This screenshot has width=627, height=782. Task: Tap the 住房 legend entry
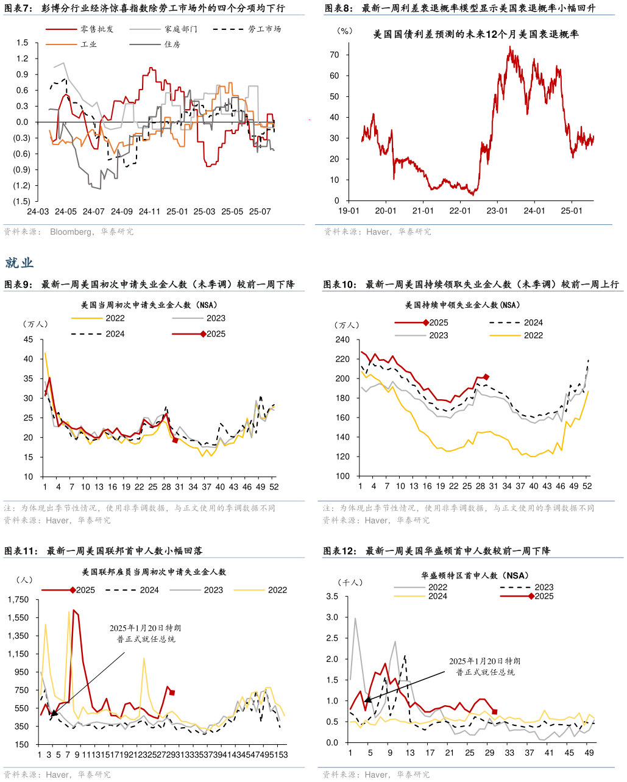click(172, 44)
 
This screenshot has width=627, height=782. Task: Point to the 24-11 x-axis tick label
click(149, 211)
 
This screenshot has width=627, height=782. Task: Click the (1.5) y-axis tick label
click(21, 201)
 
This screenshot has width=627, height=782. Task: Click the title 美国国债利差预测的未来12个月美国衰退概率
click(476, 35)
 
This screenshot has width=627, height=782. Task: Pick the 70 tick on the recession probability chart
click(335, 55)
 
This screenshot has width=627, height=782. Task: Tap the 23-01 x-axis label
click(497, 211)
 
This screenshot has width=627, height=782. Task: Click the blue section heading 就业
click(19, 263)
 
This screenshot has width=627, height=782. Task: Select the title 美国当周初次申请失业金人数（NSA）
click(149, 305)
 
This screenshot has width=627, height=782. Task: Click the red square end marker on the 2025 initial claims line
click(175, 439)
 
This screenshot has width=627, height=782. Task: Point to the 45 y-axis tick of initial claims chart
click(29, 339)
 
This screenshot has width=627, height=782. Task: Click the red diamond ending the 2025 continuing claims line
click(486, 377)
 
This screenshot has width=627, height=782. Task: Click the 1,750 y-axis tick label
click(18, 600)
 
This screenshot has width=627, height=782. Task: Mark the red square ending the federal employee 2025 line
click(172, 692)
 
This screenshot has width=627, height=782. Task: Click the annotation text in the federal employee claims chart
click(146, 633)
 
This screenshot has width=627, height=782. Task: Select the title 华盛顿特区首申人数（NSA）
click(474, 575)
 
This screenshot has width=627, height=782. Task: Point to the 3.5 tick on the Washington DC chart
click(333, 596)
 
